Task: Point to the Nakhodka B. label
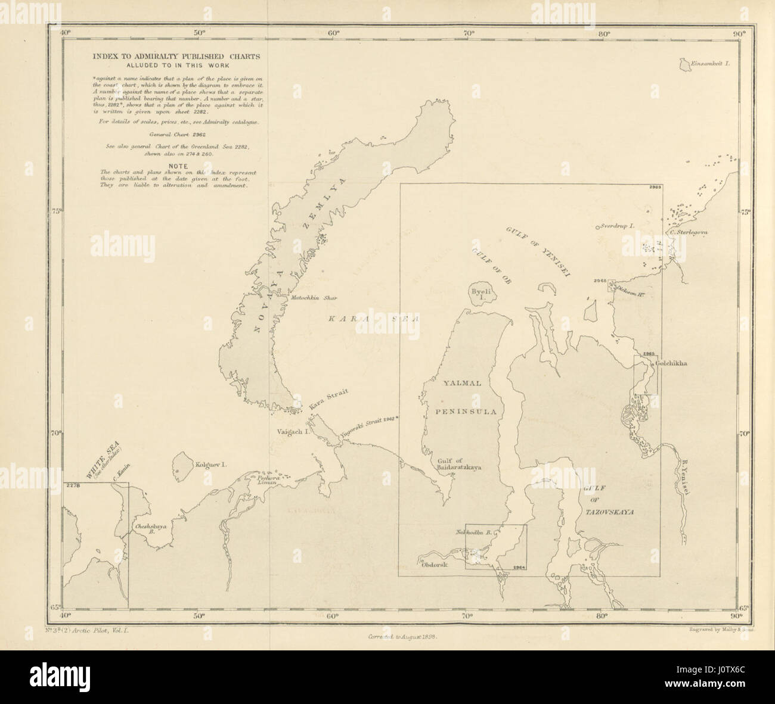[x=472, y=532]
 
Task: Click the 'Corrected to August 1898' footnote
[x=403, y=636]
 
